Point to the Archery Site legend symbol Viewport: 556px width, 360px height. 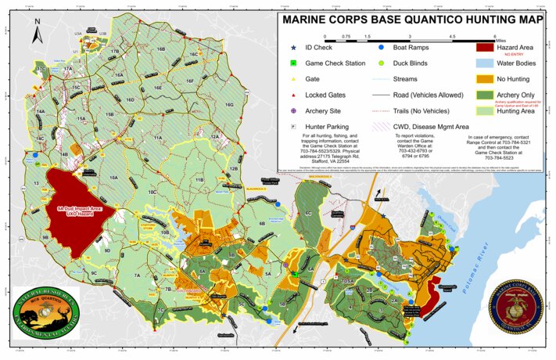point(292,110)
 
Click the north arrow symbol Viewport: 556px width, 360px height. point(37,34)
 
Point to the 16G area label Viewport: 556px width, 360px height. point(228,104)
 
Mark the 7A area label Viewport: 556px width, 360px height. point(137,275)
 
